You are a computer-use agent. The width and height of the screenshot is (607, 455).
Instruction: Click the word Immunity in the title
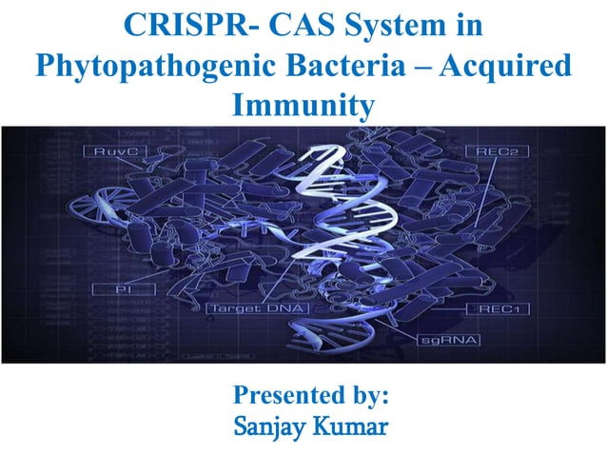tap(303, 106)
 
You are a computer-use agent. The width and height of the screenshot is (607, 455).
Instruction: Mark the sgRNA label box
tap(449, 339)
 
